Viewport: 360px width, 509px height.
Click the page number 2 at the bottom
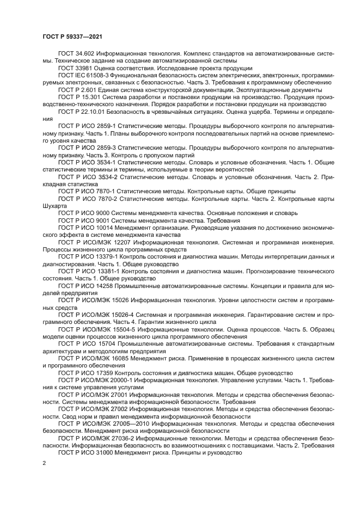(x=45, y=463)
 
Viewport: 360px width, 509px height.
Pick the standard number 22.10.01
(x=94, y=111)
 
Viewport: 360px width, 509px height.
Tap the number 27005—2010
(x=131, y=423)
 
